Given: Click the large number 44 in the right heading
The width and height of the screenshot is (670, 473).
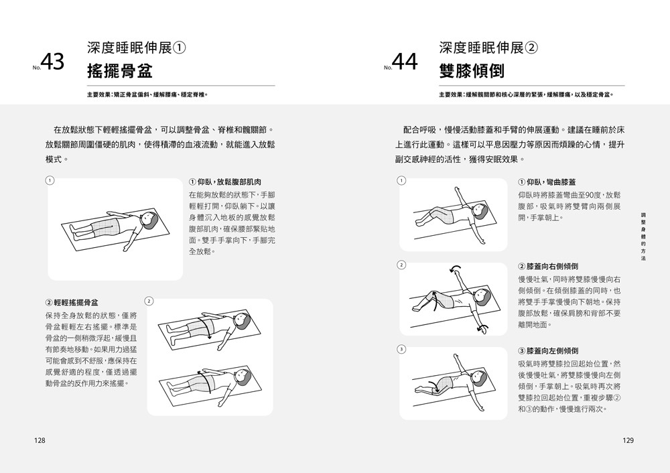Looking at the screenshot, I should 404,62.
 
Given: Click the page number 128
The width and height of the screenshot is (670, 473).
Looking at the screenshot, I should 40,440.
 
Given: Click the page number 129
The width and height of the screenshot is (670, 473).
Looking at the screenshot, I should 628,440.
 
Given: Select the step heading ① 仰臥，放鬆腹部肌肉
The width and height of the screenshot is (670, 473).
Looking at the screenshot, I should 225,182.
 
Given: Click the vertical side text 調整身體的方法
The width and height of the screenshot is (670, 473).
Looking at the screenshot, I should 643,241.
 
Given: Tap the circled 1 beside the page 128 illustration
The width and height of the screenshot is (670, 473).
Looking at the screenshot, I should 50,180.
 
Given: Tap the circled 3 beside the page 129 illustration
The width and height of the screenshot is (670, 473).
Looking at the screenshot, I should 401,349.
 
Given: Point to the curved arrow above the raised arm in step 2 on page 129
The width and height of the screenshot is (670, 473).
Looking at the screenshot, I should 456,269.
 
